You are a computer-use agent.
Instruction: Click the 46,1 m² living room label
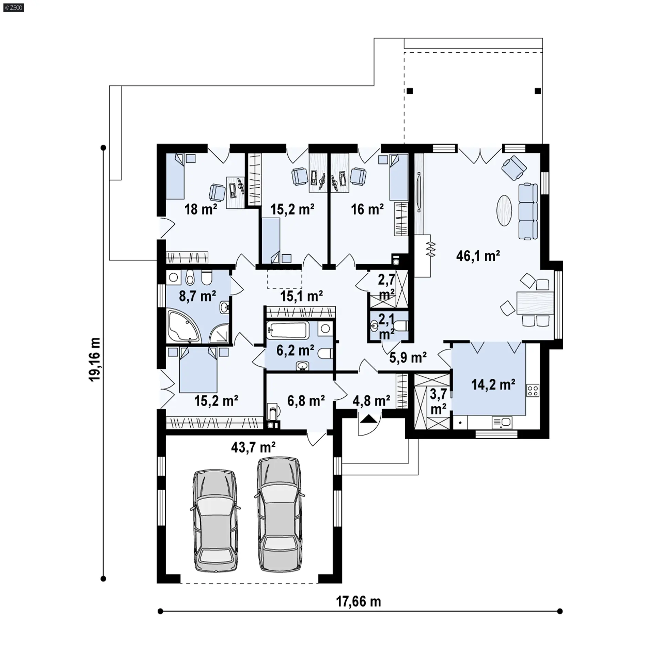pos(478,256)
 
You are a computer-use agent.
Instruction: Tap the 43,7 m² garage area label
pos(253,447)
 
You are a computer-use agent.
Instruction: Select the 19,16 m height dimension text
pos(95,359)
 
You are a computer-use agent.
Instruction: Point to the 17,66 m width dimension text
pos(358,601)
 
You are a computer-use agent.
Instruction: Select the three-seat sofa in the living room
pos(528,212)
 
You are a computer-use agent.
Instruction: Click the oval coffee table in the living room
pos(504,211)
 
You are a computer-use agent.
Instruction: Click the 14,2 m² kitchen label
pos(493,384)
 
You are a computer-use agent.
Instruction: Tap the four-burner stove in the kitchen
pos(533,390)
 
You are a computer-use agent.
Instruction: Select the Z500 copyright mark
pos(14,7)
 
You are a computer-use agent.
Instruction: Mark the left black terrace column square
pos(410,91)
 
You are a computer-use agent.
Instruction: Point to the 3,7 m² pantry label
pos(438,401)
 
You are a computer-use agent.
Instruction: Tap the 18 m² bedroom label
pos(201,209)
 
